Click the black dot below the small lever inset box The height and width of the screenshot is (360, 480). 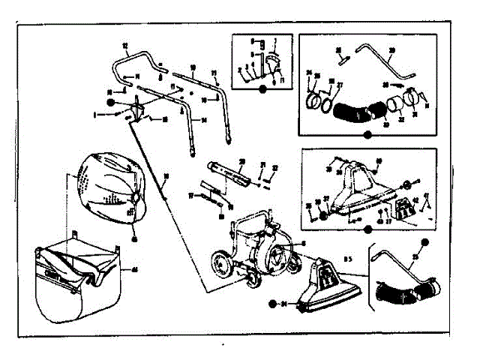point(262,88)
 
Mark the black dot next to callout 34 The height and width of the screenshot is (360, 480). point(271,304)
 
